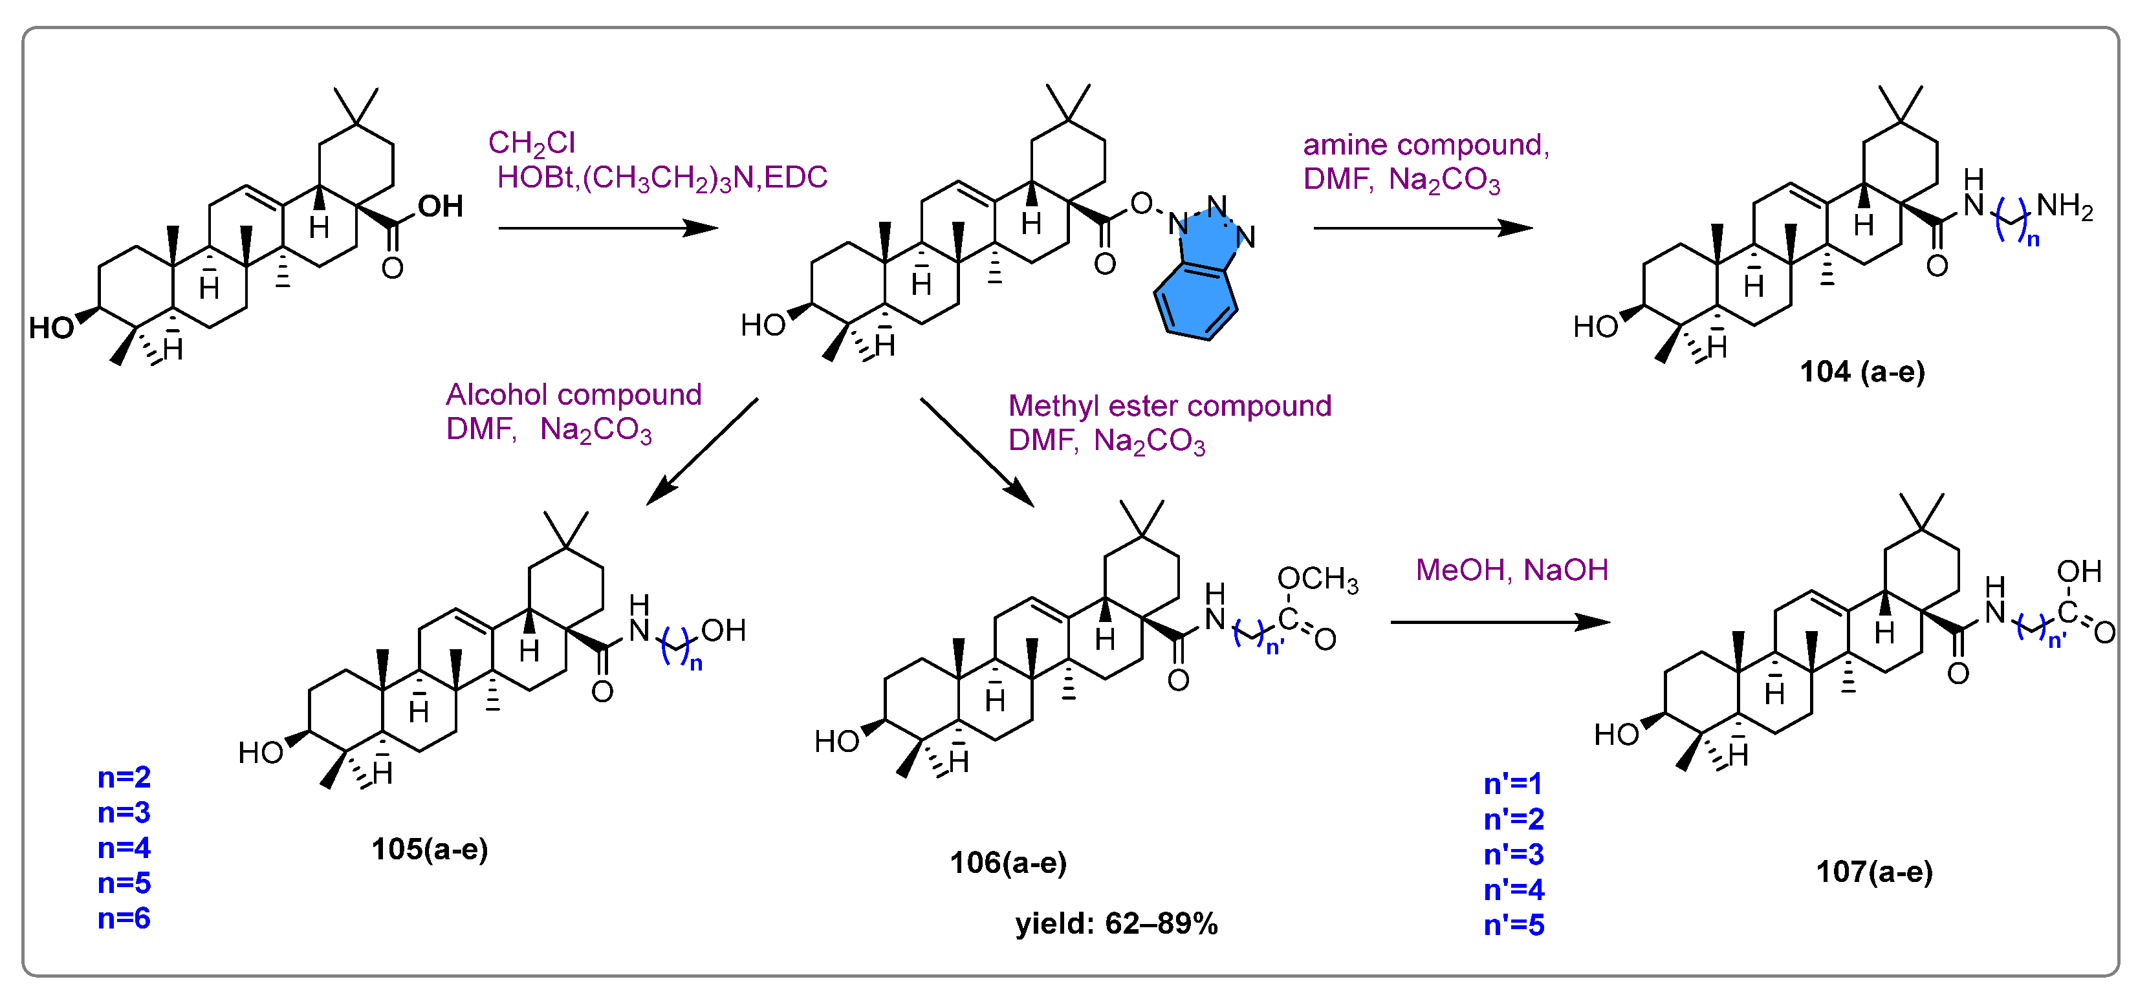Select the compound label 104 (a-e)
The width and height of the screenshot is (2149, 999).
pyautogui.click(x=1861, y=371)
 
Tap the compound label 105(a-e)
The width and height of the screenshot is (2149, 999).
pyautogui.click(x=430, y=849)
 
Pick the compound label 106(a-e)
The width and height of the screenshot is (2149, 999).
pyautogui.click(x=1008, y=862)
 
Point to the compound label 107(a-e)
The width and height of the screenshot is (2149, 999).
pyautogui.click(x=1873, y=872)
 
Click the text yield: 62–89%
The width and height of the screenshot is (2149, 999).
pyautogui.click(x=1116, y=924)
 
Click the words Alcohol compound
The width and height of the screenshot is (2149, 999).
pyautogui.click(x=573, y=394)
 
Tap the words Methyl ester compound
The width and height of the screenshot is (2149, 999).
pyautogui.click(x=1169, y=406)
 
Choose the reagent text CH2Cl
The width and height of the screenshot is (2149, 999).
pyautogui.click(x=531, y=144)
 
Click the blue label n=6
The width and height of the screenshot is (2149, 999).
pyautogui.click(x=124, y=918)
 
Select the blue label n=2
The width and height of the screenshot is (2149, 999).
pyautogui.click(x=124, y=777)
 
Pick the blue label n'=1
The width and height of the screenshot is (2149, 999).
pyautogui.click(x=1512, y=784)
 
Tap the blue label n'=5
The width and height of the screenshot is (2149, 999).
pyautogui.click(x=1513, y=925)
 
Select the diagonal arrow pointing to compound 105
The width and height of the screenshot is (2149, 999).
pyautogui.click(x=703, y=451)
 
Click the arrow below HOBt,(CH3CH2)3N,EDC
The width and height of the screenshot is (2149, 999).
pyautogui.click(x=607, y=228)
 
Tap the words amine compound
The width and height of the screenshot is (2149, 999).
pyautogui.click(x=1425, y=145)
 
